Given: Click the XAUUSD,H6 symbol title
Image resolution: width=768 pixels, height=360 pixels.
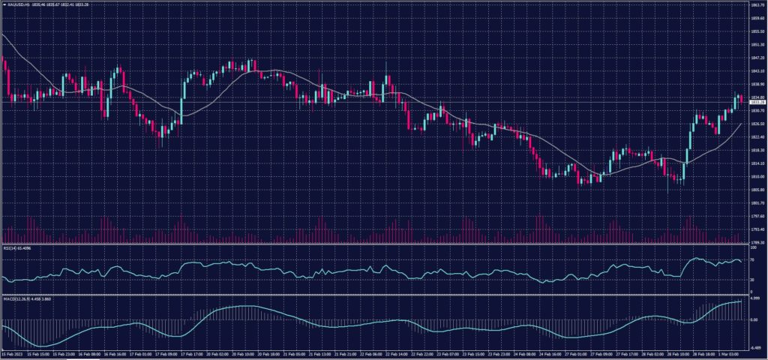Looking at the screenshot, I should point(16,5).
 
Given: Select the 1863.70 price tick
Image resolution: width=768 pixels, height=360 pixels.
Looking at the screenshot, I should point(757,4).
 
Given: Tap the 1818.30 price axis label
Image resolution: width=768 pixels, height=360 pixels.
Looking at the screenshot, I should point(757,150).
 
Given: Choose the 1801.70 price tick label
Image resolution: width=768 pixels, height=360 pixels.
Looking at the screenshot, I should point(757,202).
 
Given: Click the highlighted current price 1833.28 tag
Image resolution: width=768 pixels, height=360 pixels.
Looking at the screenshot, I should point(757,103).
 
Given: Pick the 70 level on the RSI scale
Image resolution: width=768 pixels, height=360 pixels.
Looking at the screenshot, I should point(752,259).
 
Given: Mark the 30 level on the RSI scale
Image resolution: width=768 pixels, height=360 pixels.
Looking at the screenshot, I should point(752,280).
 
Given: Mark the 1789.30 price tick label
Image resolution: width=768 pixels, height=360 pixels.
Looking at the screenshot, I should point(757,243).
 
